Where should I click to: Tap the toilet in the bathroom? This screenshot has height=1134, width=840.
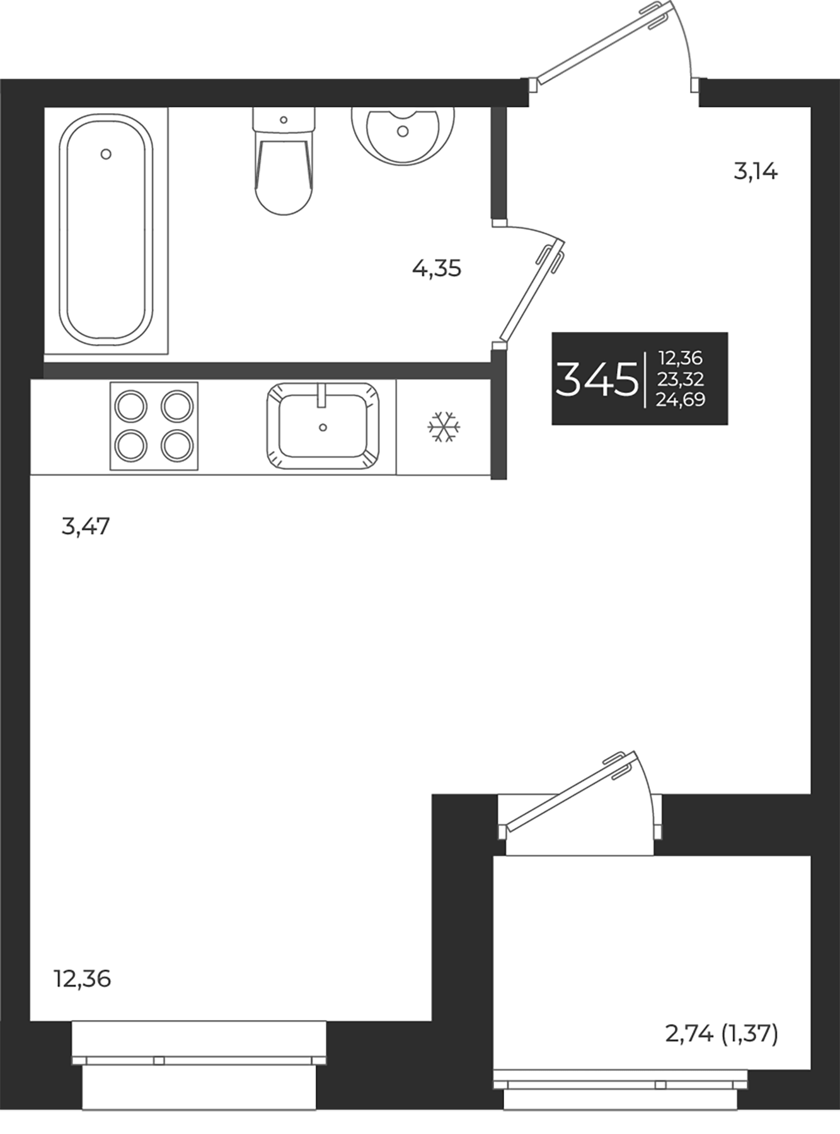pyautogui.click(x=284, y=170)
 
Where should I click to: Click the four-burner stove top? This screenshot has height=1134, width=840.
pyautogui.click(x=154, y=426)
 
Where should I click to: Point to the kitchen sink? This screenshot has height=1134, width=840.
pyautogui.click(x=323, y=427)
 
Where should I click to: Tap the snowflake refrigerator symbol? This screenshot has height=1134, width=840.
pyautogui.click(x=444, y=427)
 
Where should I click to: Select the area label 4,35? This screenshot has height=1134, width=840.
pyautogui.click(x=437, y=269)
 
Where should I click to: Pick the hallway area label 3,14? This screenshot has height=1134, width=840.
pyautogui.click(x=756, y=171)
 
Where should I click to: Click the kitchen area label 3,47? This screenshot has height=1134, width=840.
pyautogui.click(x=86, y=525)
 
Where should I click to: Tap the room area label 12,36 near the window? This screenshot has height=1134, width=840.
pyautogui.click(x=82, y=979)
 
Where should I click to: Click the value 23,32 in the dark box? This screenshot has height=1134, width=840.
pyautogui.click(x=681, y=379)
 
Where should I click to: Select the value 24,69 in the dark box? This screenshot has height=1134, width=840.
pyautogui.click(x=681, y=399)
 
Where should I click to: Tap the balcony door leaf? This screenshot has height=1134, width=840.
pyautogui.click(x=570, y=791)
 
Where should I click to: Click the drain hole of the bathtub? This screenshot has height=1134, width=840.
pyautogui.click(x=106, y=154)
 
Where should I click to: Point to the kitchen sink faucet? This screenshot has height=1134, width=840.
pyautogui.click(x=322, y=395)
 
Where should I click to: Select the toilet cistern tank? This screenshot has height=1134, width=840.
pyautogui.click(x=284, y=120)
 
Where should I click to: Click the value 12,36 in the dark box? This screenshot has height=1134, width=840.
pyautogui.click(x=681, y=358)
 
